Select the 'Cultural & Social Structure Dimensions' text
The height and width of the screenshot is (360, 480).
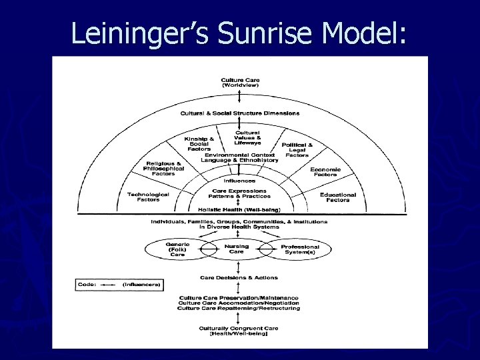[x=240, y=113]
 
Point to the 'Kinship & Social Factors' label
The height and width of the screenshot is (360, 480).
[x=199, y=143]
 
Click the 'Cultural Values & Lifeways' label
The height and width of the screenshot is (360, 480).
[x=247, y=137]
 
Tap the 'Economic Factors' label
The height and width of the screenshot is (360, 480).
[x=325, y=172]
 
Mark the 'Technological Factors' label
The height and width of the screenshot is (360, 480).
[x=148, y=197]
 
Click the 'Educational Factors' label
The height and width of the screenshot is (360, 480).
[x=338, y=197]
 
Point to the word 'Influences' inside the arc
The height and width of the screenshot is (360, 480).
[x=239, y=180]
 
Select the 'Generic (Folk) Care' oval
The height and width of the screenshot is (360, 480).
[x=177, y=249]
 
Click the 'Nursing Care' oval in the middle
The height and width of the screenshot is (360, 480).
[x=237, y=249]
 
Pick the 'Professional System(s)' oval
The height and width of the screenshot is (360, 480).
[x=299, y=249]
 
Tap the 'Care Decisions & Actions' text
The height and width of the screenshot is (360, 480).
[x=239, y=277]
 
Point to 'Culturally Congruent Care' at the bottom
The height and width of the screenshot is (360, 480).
[x=238, y=330]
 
